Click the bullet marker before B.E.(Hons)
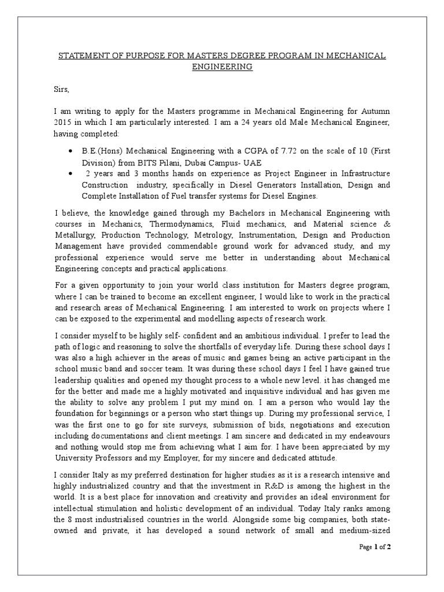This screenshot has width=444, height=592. click(x=70, y=151)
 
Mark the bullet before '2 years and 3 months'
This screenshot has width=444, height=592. click(x=70, y=173)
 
